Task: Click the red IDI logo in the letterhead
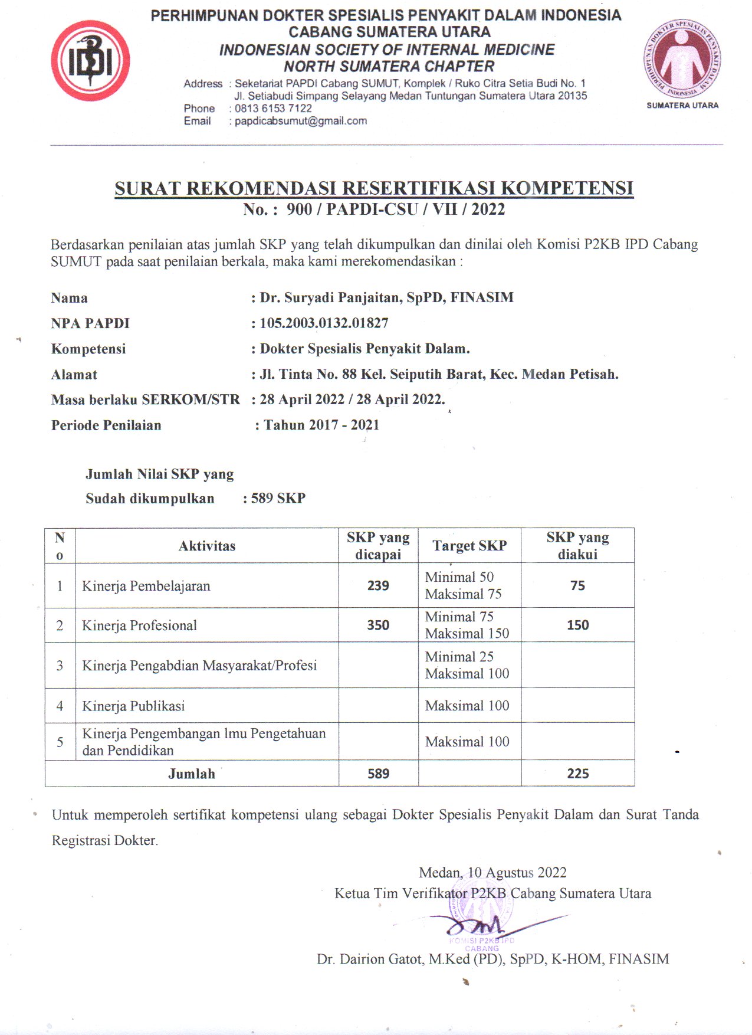click(x=90, y=61)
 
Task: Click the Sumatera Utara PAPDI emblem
click(x=682, y=58)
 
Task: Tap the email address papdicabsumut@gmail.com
click(x=301, y=121)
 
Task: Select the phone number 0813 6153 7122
click(x=273, y=109)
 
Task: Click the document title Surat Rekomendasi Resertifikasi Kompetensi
click(x=374, y=188)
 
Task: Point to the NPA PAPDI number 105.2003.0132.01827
click(x=324, y=323)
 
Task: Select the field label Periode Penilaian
click(x=106, y=425)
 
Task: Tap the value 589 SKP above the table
click(x=278, y=498)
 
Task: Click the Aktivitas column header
click(x=206, y=546)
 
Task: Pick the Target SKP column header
click(x=469, y=546)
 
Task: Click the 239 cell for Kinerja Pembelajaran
click(x=378, y=585)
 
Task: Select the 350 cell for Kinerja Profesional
click(x=378, y=625)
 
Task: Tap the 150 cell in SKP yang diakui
click(x=577, y=625)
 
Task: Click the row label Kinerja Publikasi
click(x=133, y=706)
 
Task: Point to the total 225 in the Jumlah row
click(x=577, y=774)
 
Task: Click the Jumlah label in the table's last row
click(x=192, y=774)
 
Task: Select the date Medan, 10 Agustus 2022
click(x=492, y=873)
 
